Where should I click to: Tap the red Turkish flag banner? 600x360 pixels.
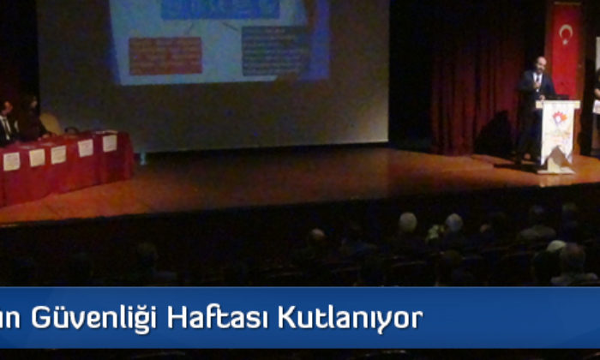(566, 51)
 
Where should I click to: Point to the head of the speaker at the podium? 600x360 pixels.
(537, 65)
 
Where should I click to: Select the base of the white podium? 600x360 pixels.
(558, 166)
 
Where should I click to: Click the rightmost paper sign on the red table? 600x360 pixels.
(110, 143)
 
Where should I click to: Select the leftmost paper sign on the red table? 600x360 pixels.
(11, 161)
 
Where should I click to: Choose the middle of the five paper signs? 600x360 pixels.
(58, 154)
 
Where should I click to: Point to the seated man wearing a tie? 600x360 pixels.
(7, 120)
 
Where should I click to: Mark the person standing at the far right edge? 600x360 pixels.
(596, 107)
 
